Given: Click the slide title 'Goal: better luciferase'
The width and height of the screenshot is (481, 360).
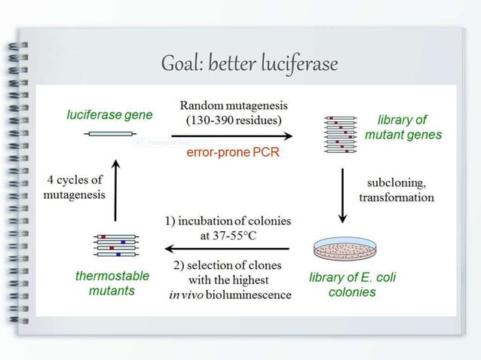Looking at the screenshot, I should (248, 66).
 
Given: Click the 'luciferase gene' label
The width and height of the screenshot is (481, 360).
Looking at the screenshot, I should (109, 115).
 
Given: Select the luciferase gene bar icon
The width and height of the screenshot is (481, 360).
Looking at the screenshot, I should (109, 133).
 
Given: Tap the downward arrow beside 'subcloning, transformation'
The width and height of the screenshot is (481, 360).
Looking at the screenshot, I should (343, 195).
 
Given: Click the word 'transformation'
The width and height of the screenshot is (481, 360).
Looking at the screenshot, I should (397, 198).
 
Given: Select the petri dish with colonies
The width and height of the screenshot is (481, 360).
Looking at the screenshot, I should (345, 250).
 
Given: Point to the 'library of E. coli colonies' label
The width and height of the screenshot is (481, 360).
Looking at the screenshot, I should (352, 284).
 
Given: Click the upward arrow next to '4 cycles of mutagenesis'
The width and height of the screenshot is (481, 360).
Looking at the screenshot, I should (115, 189).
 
